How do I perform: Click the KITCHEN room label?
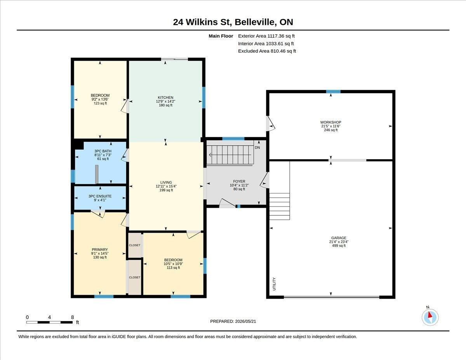tap(165, 97)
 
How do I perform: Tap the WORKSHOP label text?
tap(331, 122)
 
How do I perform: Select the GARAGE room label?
tap(339, 238)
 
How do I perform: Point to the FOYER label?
tap(239, 181)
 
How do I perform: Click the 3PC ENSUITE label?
tap(100, 196)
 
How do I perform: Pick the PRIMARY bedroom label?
tap(100, 250)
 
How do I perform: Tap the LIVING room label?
tap(166, 183)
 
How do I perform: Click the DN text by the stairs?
tap(257, 148)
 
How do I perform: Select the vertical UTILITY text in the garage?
tap(274, 284)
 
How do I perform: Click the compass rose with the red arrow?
tap(430, 317)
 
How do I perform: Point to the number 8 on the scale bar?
tap(73, 317)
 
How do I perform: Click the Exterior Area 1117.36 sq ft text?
tap(266, 36)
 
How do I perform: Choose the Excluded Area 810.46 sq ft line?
tap(267, 51)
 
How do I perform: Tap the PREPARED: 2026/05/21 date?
tap(233, 322)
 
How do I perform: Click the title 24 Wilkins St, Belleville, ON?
tap(233, 22)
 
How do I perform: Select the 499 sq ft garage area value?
tap(339, 245)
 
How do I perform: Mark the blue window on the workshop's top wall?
tap(333, 92)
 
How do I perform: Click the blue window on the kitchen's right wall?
tap(204, 97)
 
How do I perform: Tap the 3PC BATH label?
tap(103, 151)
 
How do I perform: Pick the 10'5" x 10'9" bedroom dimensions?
tap(173, 264)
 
